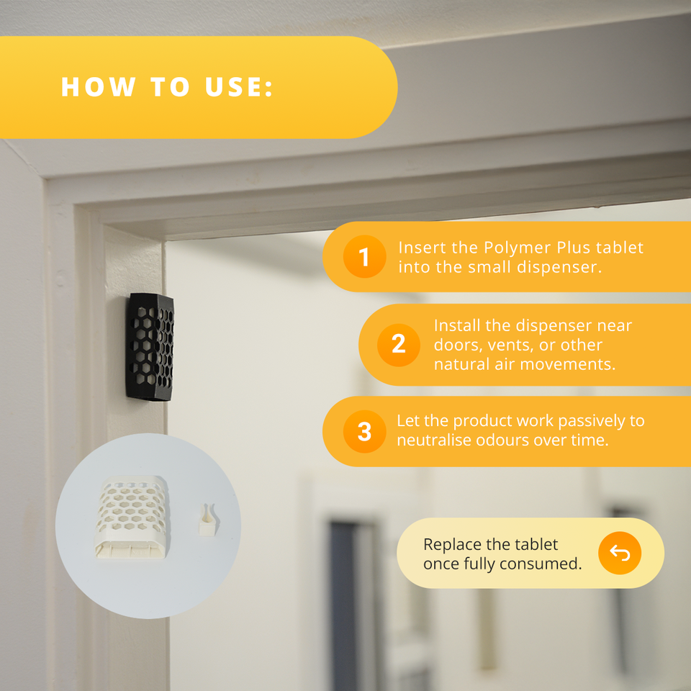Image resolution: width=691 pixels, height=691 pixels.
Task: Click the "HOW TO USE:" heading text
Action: coord(167,86)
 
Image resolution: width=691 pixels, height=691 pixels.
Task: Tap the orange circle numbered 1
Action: coord(364,256)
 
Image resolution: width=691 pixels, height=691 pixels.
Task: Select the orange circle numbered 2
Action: coord(398,345)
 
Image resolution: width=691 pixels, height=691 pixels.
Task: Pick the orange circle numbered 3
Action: coord(364,431)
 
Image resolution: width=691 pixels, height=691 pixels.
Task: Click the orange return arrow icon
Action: coord(620,553)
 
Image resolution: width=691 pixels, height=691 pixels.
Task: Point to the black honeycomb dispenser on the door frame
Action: coord(150,347)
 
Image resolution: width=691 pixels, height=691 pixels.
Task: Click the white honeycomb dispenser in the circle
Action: coord(131,517)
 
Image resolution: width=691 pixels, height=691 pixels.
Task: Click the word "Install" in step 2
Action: coord(457,325)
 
